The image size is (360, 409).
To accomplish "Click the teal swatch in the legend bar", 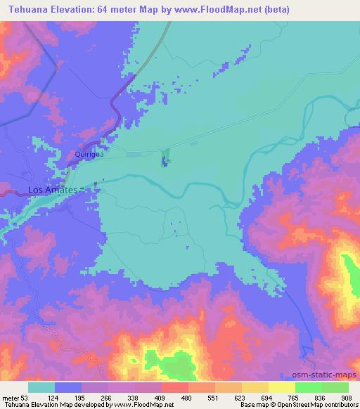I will tap(41, 387).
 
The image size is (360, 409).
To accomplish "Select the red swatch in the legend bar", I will tap(175, 387).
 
